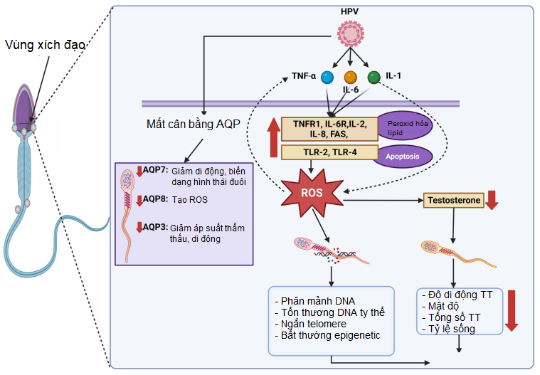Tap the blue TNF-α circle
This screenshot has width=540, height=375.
pyautogui.click(x=327, y=77)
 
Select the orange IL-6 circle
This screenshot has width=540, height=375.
pyautogui.click(x=350, y=77)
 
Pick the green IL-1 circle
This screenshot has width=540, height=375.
pyautogui.click(x=374, y=76)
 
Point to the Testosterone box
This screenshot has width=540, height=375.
pyautogui.click(x=453, y=201)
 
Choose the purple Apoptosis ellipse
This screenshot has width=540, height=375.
pyautogui.click(x=403, y=157)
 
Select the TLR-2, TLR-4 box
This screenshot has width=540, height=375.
pyautogui.click(x=329, y=152)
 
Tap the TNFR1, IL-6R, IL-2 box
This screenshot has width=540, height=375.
pyautogui.click(x=329, y=128)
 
